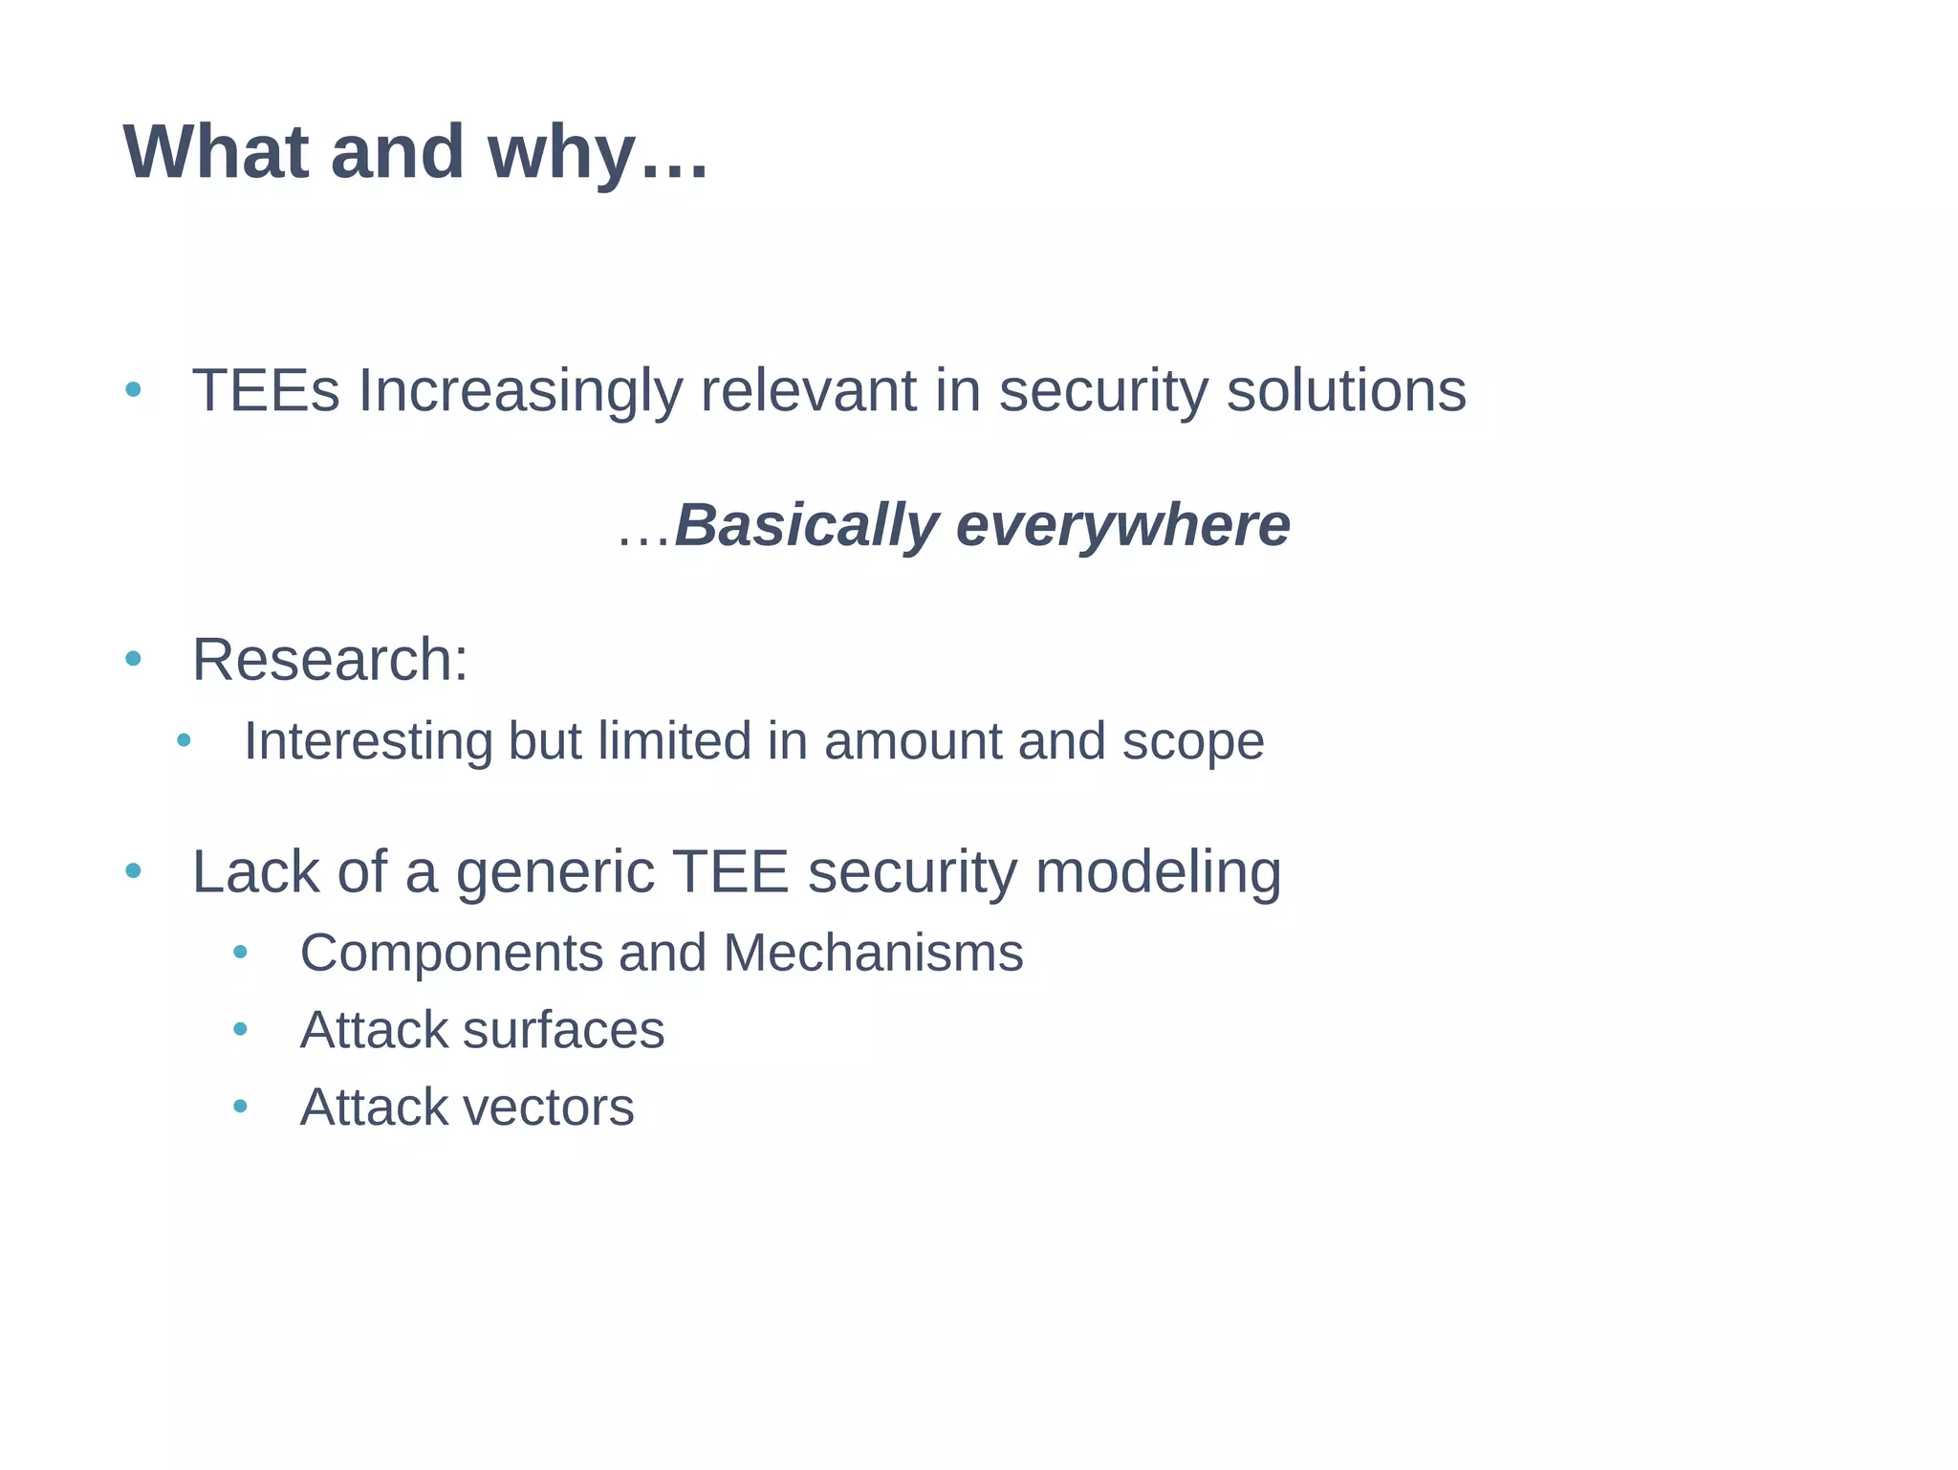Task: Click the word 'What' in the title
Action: point(216,152)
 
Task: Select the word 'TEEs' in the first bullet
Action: point(266,391)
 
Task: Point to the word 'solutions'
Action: point(1346,391)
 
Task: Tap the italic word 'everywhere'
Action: point(1122,526)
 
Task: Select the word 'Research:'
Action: point(330,660)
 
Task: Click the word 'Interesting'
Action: point(368,742)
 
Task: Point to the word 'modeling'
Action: point(1158,873)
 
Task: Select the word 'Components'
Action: point(450,954)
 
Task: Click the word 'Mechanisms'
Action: point(873,954)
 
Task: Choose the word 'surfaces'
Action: point(563,1031)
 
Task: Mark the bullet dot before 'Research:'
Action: point(133,659)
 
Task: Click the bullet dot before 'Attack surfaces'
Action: point(240,1029)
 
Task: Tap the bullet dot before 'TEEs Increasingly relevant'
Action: point(133,389)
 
